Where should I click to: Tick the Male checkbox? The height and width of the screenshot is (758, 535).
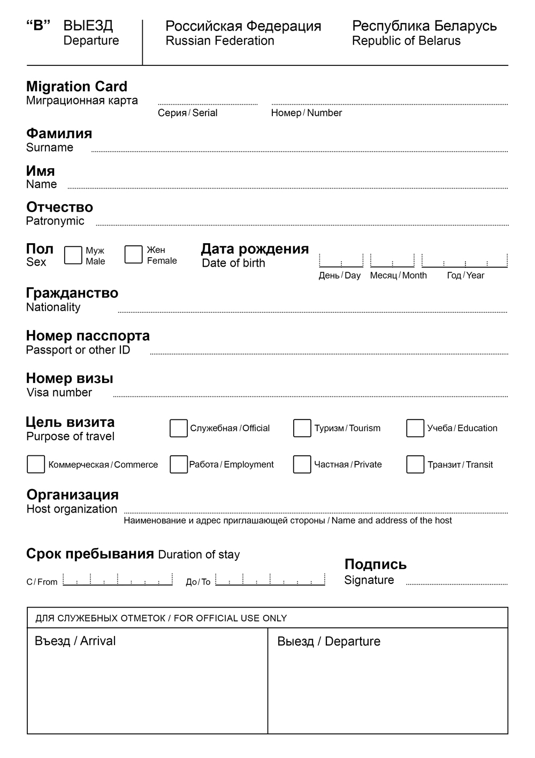click(x=73, y=255)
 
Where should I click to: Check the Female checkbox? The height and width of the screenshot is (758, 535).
click(x=133, y=254)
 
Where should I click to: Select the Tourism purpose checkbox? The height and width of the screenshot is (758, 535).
click(x=302, y=428)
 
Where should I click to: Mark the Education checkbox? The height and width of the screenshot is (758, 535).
click(x=415, y=428)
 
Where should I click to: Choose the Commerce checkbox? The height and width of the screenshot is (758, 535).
click(x=36, y=464)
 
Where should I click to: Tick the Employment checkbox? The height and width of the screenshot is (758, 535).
click(x=178, y=464)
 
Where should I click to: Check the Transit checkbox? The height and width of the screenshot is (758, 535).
click(x=415, y=464)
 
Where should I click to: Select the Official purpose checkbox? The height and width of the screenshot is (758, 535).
click(x=178, y=428)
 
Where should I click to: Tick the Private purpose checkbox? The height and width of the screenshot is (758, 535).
click(x=302, y=464)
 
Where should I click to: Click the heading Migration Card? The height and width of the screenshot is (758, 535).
click(x=77, y=87)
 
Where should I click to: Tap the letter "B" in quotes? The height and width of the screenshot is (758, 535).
click(x=38, y=26)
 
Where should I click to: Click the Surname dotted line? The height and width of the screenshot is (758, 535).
click(x=300, y=151)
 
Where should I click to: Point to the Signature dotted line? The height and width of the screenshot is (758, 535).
click(x=456, y=583)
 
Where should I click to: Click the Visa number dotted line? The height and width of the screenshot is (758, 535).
click(x=310, y=395)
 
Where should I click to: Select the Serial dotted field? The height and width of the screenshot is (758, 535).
click(x=208, y=103)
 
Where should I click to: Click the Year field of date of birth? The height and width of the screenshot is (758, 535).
click(x=464, y=261)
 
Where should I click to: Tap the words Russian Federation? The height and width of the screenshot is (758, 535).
click(x=220, y=41)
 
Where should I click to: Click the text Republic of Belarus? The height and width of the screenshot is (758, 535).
click(x=406, y=41)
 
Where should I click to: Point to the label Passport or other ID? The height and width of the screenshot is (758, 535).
click(x=78, y=350)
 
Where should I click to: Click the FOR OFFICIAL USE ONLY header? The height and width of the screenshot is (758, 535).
click(x=161, y=618)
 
